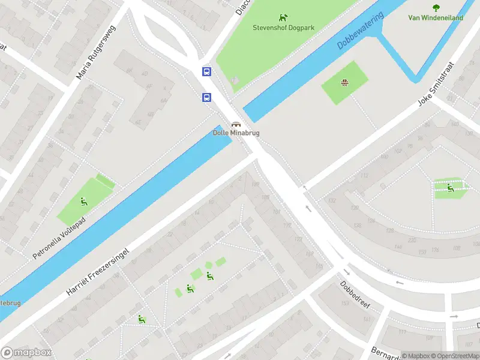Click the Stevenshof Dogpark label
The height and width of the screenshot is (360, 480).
pyautogui.click(x=283, y=28)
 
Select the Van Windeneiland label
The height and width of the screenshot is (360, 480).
pyautogui.click(x=436, y=18)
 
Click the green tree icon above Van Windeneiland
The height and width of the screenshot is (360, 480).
pyautogui.click(x=436, y=8)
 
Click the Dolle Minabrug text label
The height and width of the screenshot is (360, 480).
pyautogui.click(x=236, y=133)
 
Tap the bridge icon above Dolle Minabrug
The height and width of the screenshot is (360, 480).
pyautogui.click(x=236, y=124)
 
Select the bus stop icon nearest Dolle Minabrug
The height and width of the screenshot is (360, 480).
pyautogui.click(x=206, y=97)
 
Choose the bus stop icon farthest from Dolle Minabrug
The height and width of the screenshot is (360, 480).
pyautogui.click(x=206, y=72)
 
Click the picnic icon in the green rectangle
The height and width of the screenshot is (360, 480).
pyautogui.click(x=344, y=83)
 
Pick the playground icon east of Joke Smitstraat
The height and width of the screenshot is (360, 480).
pyautogui.click(x=450, y=188)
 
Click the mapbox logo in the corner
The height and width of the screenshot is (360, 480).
pyautogui.click(x=26, y=353)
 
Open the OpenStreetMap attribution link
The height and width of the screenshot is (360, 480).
pyautogui.click(x=454, y=356)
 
